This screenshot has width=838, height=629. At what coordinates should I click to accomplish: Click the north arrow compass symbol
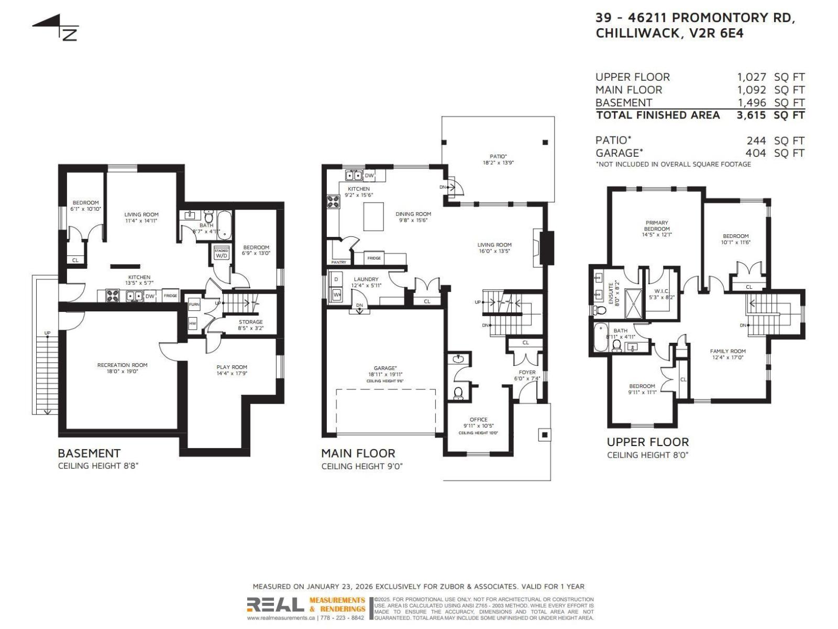coord(56,28)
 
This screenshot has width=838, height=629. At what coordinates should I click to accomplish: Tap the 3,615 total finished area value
coord(751,115)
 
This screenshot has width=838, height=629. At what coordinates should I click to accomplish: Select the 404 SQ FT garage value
coord(755,153)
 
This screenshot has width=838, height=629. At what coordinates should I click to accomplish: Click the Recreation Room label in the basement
coord(122,365)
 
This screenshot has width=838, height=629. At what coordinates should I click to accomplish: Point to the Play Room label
coord(231,367)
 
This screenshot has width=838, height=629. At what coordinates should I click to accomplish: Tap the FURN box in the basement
coord(194,305)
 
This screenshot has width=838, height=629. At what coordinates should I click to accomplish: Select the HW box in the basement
coord(193,324)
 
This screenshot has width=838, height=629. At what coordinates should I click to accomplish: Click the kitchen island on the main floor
coord(373,216)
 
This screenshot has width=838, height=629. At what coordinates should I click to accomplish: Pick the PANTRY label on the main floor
coord(338,262)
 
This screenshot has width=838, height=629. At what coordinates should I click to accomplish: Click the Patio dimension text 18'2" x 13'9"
coord(498,163)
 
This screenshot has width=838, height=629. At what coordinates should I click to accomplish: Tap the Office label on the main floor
coord(478,420)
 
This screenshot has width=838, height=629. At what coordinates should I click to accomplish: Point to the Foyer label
coord(527,373)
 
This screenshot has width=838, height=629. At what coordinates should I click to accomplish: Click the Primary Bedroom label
coord(657,226)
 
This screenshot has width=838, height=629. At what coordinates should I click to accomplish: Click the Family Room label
coord(727,352)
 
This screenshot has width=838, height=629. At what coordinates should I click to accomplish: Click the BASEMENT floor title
coord(89,453)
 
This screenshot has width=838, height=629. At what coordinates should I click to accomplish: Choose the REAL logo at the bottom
coord(275,605)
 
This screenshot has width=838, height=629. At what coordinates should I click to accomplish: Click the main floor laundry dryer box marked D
coord(336,279)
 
